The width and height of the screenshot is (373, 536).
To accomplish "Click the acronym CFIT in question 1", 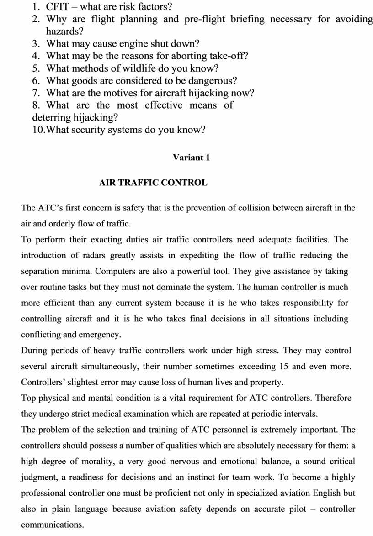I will tap(58, 7).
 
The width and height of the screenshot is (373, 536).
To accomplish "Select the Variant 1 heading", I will tap(191, 158).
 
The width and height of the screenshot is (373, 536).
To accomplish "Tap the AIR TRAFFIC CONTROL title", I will tap(153, 183).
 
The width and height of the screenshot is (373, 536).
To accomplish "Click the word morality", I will tap(97, 461).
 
